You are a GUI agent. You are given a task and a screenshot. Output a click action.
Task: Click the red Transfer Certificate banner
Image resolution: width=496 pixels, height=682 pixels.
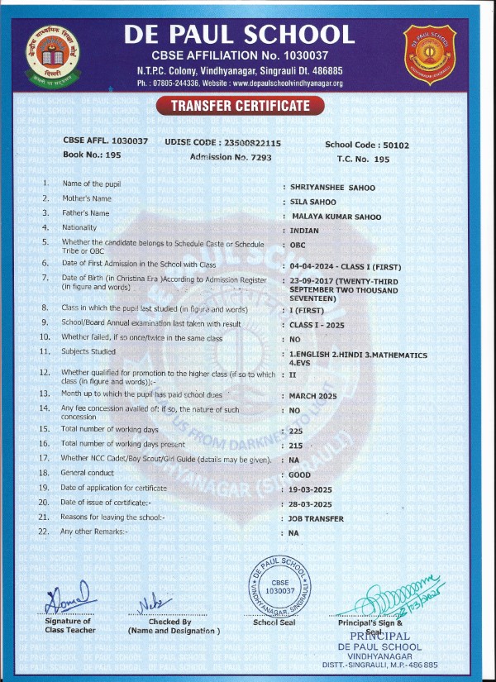pyautogui.click(x=241, y=105)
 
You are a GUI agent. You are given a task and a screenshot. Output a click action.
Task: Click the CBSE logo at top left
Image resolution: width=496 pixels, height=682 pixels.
pyautogui.click(x=52, y=49)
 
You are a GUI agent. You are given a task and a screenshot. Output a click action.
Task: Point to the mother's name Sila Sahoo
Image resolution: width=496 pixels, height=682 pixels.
pyautogui.click(x=312, y=200)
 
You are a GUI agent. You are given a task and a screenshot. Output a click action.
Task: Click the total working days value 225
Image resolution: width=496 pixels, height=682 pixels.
pyautogui.click(x=296, y=431)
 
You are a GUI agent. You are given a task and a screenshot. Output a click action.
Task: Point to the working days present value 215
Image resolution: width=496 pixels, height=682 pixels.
pyautogui.click(x=296, y=445)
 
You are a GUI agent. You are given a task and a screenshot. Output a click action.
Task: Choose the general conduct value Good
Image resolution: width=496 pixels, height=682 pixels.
pyautogui.click(x=300, y=475)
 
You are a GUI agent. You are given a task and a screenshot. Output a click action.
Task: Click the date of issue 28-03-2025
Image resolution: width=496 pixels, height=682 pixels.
pyautogui.click(x=311, y=504)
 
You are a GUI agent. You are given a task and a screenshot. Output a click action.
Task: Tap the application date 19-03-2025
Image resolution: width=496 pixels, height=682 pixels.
pyautogui.click(x=311, y=489)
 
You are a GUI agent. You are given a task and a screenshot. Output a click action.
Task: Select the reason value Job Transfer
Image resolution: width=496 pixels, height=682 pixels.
pyautogui.click(x=319, y=518)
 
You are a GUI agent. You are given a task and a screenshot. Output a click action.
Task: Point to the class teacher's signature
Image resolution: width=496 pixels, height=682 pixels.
pyautogui.click(x=66, y=599)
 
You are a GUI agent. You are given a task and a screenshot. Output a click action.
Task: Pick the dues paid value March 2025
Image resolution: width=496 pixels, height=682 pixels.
pyautogui.click(x=312, y=394)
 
